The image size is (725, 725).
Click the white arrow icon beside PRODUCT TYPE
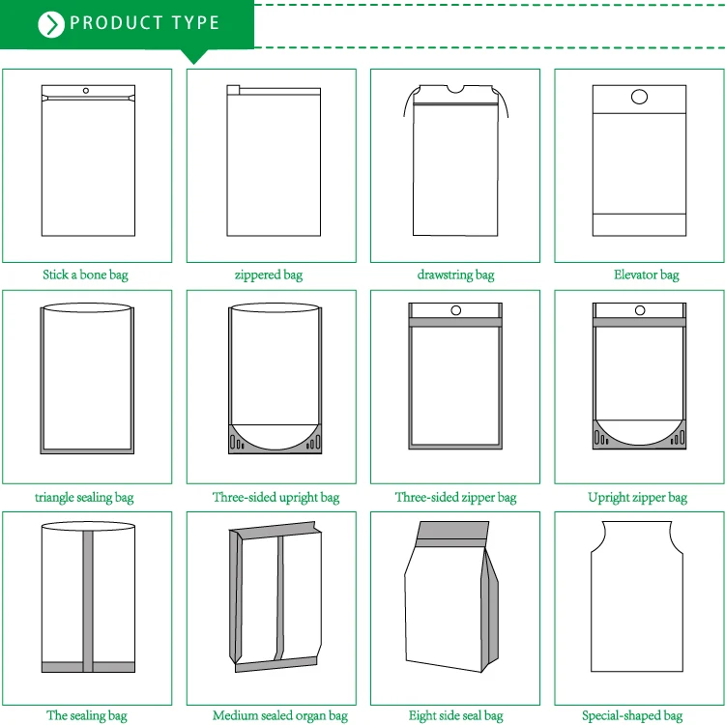[51, 24]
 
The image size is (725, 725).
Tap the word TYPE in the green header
[195, 22]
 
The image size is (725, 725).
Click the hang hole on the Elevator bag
[639, 97]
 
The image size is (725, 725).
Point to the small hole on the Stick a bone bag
[86, 91]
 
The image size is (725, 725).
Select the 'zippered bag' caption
[269, 275]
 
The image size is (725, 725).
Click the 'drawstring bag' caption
[455, 275]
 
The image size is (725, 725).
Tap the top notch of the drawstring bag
[455, 89]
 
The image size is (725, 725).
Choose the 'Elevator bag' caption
[647, 275]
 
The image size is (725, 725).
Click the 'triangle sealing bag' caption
[84, 498]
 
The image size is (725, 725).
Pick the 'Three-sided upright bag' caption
[276, 498]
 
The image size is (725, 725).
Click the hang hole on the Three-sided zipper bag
[456, 310]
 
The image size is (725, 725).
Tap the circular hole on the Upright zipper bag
[640, 310]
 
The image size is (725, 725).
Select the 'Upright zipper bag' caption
[638, 498]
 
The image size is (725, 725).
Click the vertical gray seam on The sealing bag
[88, 601]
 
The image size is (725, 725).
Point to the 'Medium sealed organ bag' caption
[280, 715]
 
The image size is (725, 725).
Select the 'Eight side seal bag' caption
[456, 715]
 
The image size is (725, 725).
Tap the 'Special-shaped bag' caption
[632, 715]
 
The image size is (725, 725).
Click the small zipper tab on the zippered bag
[233, 90]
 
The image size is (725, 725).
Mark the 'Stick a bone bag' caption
[85, 275]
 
